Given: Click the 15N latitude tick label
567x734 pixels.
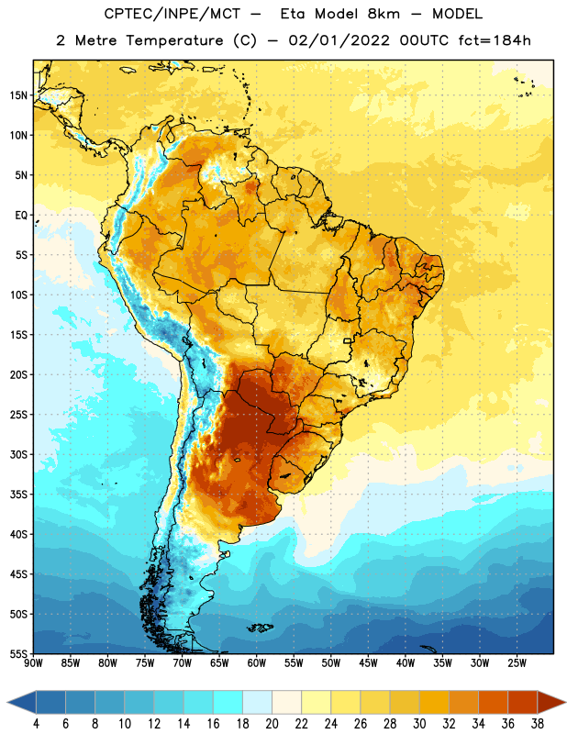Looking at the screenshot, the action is (18, 95).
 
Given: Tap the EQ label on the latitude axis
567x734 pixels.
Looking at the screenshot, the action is (21, 216).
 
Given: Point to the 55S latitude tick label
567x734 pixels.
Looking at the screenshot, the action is (18, 653).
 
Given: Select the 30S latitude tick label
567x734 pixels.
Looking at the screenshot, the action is (18, 454).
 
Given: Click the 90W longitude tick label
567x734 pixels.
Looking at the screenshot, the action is (33, 663).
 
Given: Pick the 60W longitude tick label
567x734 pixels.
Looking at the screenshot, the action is (257, 663).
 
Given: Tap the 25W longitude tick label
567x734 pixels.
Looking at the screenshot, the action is (517, 663).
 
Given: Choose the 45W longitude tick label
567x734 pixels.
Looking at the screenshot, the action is (368, 663).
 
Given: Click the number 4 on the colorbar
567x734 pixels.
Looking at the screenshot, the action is (36, 724).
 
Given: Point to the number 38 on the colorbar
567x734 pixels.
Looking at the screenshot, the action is (538, 724).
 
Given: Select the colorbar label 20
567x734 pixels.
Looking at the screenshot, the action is (272, 724).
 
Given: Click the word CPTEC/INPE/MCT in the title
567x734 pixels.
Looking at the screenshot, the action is (172, 14).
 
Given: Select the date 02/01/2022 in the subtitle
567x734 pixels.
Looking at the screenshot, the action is (339, 40).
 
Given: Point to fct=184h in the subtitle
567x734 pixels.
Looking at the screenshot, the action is (495, 40).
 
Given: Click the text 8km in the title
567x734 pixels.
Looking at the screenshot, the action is (384, 14).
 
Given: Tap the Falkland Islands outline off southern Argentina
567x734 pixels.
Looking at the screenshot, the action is (260, 628).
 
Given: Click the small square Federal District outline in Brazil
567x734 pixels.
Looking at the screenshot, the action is (347, 340).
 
